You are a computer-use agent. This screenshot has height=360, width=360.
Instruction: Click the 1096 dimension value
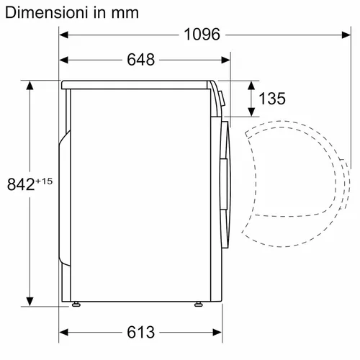point(201,35)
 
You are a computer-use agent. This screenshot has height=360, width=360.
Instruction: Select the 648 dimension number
point(140,60)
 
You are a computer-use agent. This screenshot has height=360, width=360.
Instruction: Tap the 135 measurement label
point(272,99)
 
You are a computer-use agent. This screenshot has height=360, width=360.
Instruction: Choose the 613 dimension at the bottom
point(140,331)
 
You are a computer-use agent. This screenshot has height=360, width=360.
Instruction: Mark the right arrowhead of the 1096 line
point(338,35)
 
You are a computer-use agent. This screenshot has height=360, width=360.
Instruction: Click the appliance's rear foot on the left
point(76,305)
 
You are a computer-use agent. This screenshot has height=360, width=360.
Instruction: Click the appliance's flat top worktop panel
point(137,84)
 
